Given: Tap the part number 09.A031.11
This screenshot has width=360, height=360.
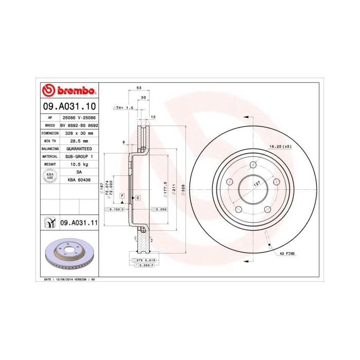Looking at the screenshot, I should click(79, 223).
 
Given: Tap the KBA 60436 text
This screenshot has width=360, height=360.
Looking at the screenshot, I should click(79, 179).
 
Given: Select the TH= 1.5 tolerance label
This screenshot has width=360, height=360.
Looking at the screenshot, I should click(123, 109).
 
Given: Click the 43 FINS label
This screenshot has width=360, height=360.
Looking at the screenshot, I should click(287, 254).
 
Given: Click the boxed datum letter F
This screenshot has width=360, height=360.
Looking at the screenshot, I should click(122, 196).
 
